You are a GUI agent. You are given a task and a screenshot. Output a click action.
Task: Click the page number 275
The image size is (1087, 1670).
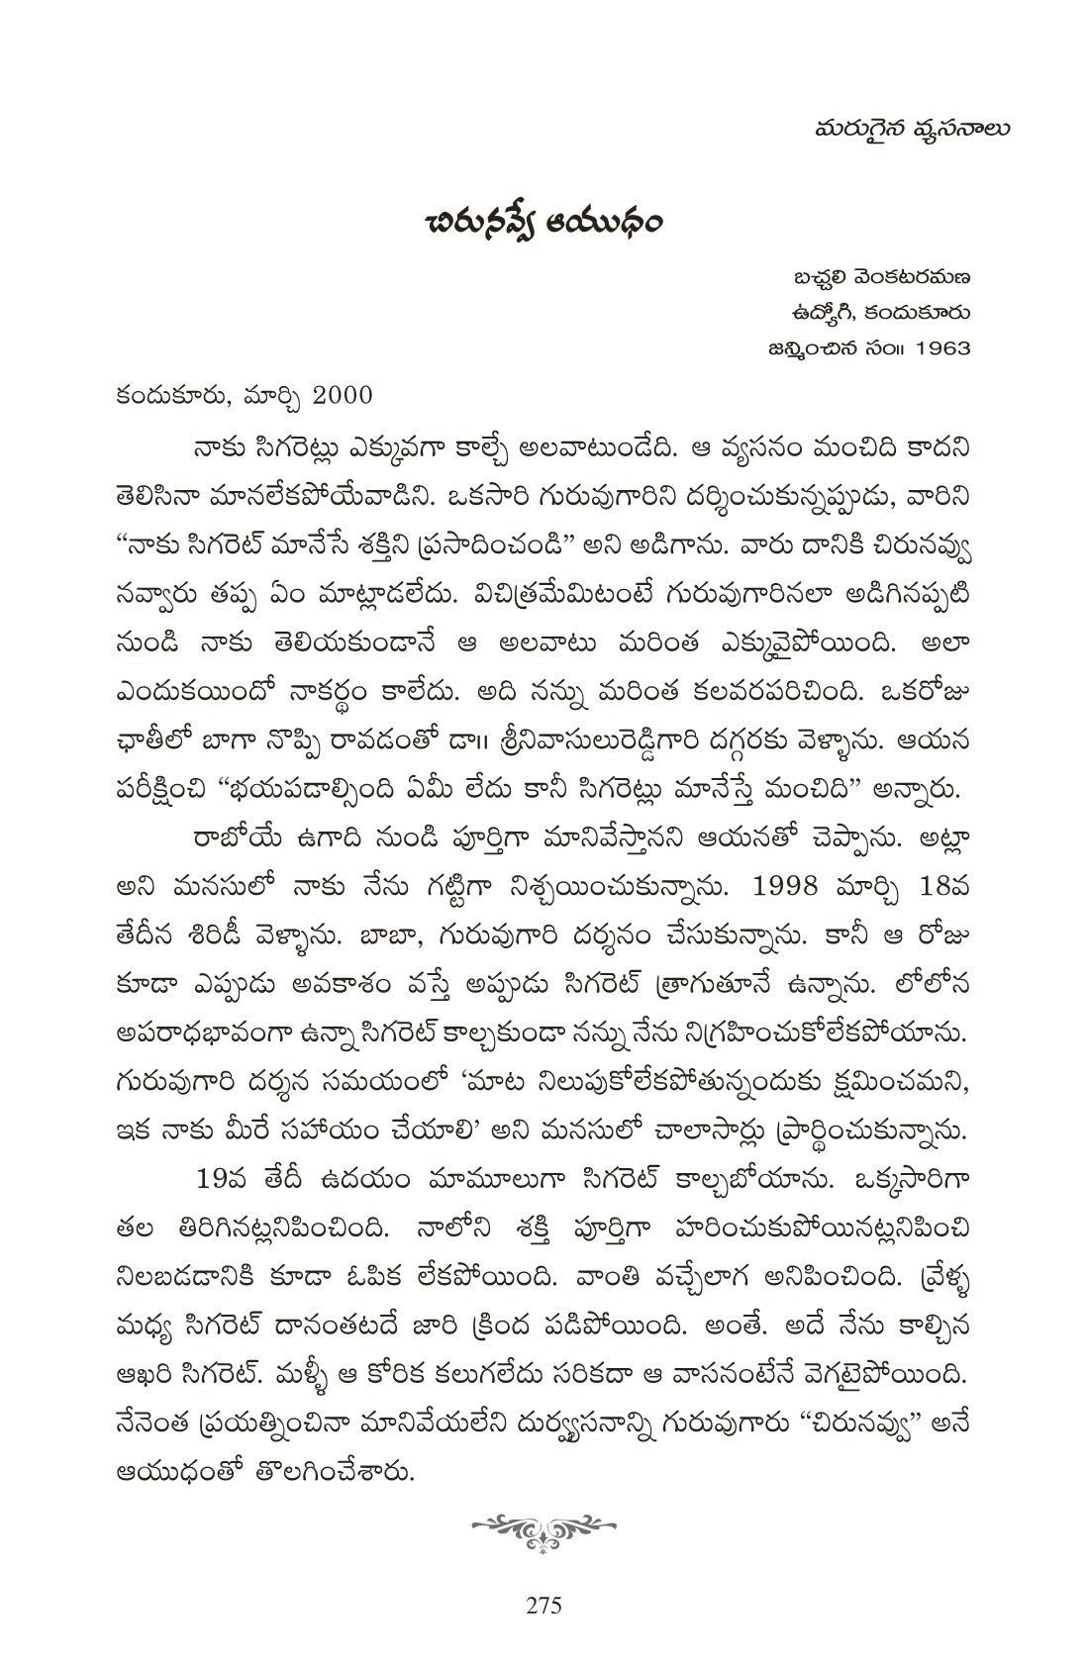[x=543, y=1605]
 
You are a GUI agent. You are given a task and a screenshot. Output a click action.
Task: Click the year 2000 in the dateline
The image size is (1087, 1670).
[x=343, y=395]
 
